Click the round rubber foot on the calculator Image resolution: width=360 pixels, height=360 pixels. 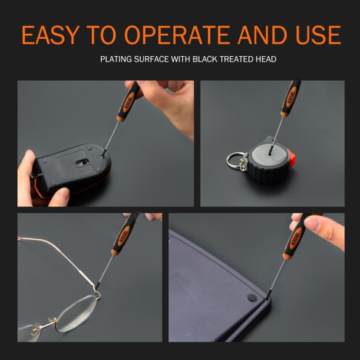251,298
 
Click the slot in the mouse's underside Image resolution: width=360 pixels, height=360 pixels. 80,163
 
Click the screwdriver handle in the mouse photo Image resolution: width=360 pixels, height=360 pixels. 130,101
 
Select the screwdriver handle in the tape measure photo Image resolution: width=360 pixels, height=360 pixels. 290,99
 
